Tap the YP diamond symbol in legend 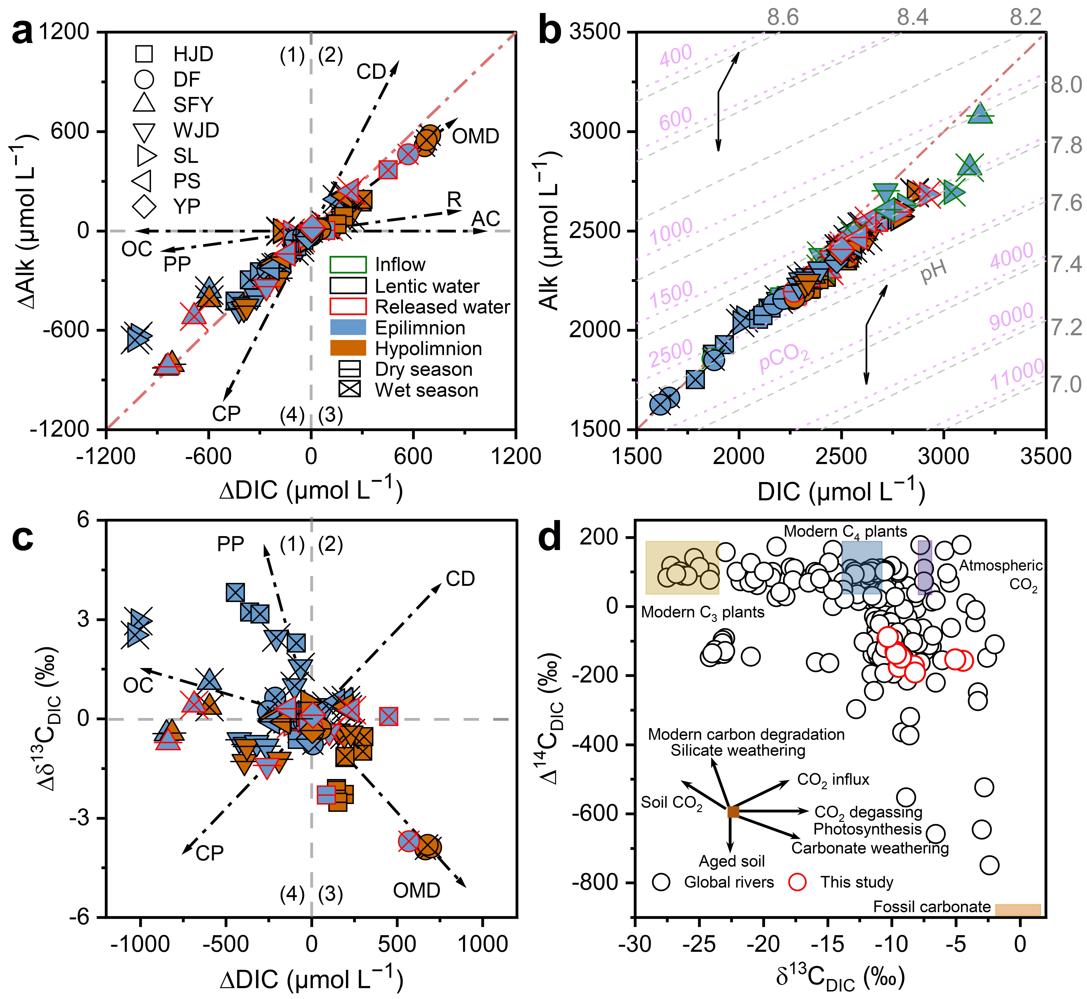tap(144, 206)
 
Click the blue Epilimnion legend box tap(348, 328)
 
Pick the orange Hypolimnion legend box tap(348, 348)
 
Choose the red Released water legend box tap(348, 307)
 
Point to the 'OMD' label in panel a tap(476, 136)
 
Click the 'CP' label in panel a tap(226, 414)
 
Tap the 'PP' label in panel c tap(230, 544)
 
